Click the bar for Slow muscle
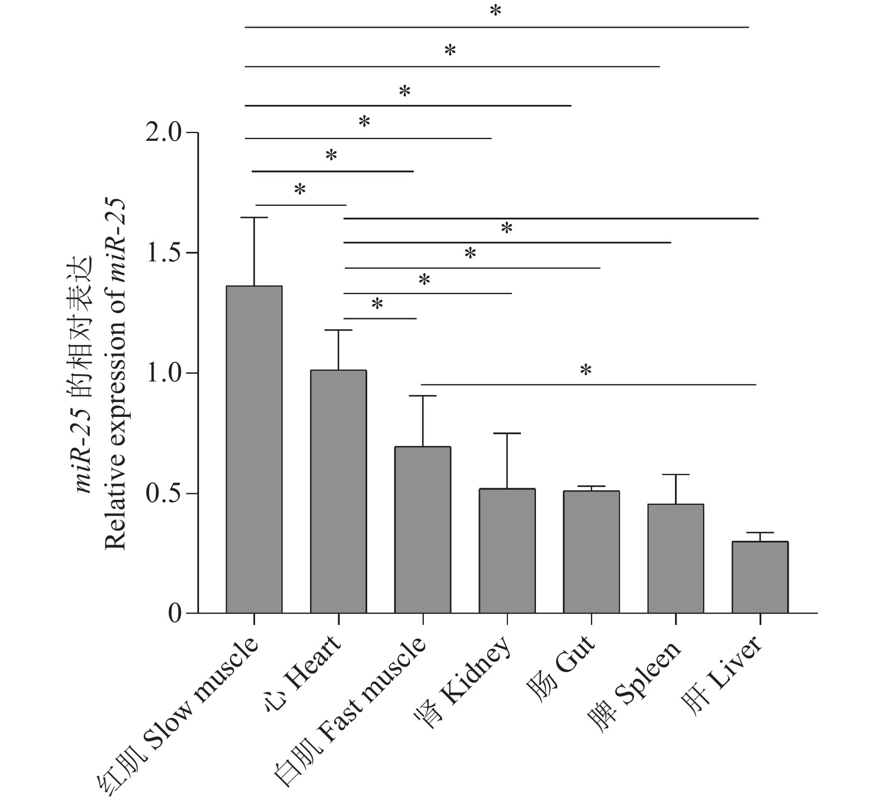(254, 449)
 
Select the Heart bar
(338, 491)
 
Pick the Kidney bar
(507, 550)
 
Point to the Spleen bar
(676, 558)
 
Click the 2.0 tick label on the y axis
(163, 133)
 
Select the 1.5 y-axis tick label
(163, 253)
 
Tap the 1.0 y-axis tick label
(163, 373)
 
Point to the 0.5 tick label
(163, 494)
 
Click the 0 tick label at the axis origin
(175, 613)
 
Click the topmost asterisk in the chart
(495, 11)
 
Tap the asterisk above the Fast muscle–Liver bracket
(586, 370)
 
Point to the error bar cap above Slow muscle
(254, 217)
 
